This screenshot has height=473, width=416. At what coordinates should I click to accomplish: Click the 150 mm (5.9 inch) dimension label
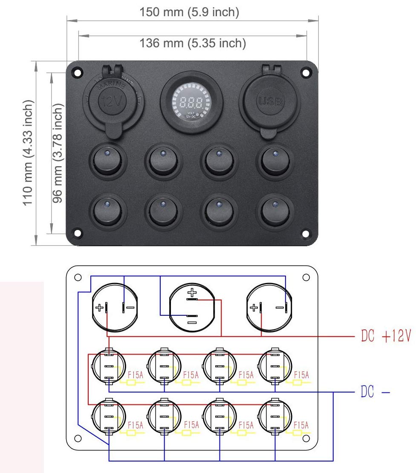coord(190,12)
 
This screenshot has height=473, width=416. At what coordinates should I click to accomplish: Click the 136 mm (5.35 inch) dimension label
coord(193,43)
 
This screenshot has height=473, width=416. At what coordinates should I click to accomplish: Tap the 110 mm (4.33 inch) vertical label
coord(28,153)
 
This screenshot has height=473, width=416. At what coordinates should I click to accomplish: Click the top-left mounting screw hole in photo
coord(78,73)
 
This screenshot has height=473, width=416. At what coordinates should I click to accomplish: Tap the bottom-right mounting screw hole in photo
coord(305,233)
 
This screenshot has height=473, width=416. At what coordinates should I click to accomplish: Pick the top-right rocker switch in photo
coord(274,161)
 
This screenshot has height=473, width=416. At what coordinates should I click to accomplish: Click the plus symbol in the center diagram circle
coord(192,293)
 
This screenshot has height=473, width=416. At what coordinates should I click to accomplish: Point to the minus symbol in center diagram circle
coord(192,323)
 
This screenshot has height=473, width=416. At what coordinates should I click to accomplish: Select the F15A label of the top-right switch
coord(302,375)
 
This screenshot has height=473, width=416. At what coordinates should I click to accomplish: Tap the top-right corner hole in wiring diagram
coord(306,277)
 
